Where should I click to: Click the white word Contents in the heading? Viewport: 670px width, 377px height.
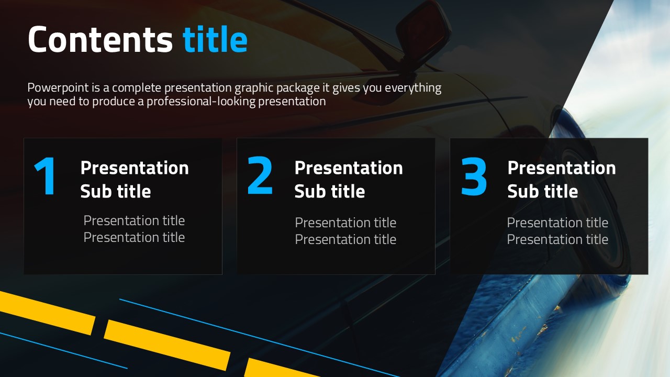(100, 39)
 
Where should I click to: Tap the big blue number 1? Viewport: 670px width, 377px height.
(45, 176)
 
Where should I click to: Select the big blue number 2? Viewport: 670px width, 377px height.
(260, 175)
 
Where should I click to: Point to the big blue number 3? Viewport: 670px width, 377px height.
(474, 176)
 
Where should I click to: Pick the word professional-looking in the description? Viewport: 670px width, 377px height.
(201, 102)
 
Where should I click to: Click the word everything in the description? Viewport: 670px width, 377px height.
(413, 88)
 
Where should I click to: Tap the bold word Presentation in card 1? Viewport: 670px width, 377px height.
(135, 168)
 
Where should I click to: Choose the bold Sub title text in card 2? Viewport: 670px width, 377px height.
(330, 191)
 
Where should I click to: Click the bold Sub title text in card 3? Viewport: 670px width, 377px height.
(543, 191)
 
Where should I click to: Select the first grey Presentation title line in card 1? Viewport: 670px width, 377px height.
(134, 221)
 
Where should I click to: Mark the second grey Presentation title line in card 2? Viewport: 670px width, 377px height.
(345, 239)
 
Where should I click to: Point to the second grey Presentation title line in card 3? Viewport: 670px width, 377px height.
(557, 239)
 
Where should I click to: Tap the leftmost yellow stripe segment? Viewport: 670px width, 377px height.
(47, 313)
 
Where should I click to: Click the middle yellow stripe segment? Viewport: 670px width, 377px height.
(167, 345)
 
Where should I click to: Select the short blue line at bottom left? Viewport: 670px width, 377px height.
(64, 350)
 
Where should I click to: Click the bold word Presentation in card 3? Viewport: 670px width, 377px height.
(562, 168)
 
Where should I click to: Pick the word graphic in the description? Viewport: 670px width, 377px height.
(254, 88)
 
